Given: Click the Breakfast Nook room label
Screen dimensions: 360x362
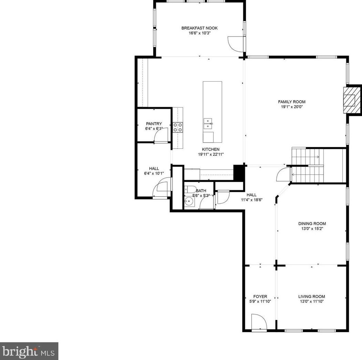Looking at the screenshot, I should tap(199, 28).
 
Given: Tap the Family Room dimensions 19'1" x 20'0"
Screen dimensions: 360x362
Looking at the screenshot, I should tap(291, 107).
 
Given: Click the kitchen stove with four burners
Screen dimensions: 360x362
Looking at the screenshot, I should tap(178, 127).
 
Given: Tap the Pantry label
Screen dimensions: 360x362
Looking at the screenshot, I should tap(154, 124).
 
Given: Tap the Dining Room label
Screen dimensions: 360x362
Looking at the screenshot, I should tap(312, 224).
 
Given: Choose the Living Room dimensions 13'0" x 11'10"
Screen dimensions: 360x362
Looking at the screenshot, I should tap(311, 301).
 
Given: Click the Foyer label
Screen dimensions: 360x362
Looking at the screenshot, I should tap(260, 297).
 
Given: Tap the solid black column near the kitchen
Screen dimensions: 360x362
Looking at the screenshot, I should tap(238, 173).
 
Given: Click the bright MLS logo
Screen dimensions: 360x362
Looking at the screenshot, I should tap(29, 351).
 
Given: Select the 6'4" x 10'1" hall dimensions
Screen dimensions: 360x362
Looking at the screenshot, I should tap(154, 174).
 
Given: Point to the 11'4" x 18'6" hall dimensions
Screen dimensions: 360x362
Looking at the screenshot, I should tap(251, 199).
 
